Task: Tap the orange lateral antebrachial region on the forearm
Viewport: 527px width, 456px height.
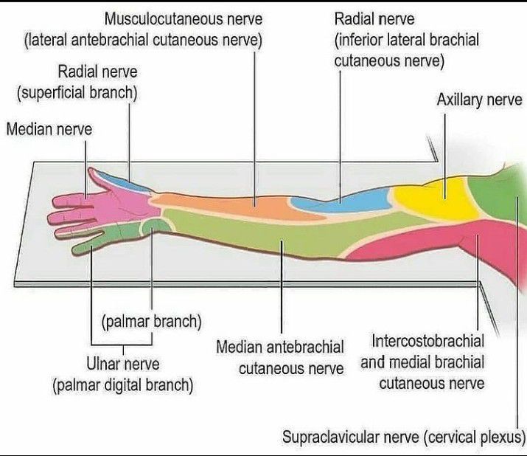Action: (232, 206)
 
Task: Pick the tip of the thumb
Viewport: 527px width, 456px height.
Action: (90, 170)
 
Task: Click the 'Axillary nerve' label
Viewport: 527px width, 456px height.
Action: (479, 100)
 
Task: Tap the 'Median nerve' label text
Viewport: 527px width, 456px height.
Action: (49, 129)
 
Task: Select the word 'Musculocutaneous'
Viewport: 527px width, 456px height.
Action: (164, 18)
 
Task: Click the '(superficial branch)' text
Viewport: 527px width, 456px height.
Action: (77, 93)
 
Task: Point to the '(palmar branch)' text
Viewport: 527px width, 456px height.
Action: (152, 322)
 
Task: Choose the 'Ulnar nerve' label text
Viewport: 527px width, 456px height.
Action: (123, 364)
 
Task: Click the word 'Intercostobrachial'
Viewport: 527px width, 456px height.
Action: (427, 341)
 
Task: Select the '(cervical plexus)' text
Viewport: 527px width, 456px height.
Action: (475, 437)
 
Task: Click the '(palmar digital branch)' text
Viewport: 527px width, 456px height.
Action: (123, 385)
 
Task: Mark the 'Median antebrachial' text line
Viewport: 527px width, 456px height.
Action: (280, 347)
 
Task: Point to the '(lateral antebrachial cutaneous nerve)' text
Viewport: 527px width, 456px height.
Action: (143, 40)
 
